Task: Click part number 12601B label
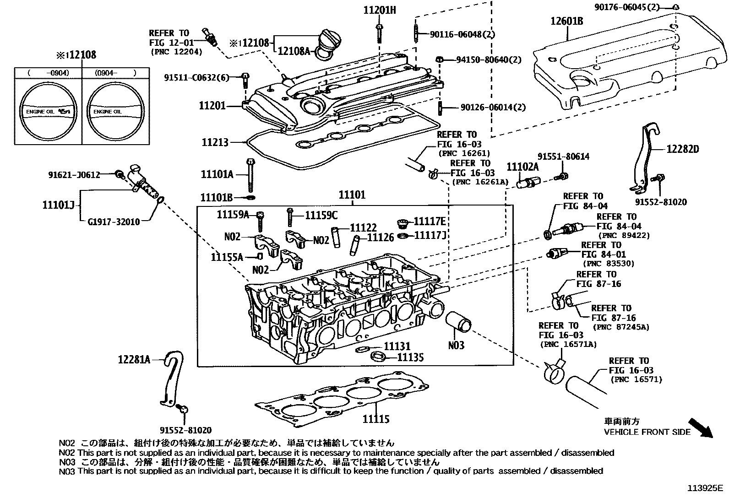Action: (x=566, y=21)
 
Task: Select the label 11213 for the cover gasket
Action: (x=215, y=143)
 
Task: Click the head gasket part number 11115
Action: (x=376, y=419)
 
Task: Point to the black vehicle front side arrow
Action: (x=701, y=427)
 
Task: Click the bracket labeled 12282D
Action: (x=643, y=158)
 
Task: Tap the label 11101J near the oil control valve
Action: (x=58, y=205)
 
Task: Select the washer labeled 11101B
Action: (x=250, y=197)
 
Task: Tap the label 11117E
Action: (x=430, y=222)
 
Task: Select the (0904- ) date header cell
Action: (x=116, y=72)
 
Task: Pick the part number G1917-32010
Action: (x=114, y=222)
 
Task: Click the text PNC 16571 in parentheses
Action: (x=636, y=379)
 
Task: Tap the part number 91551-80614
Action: (x=563, y=157)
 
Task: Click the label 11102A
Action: (x=522, y=167)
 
